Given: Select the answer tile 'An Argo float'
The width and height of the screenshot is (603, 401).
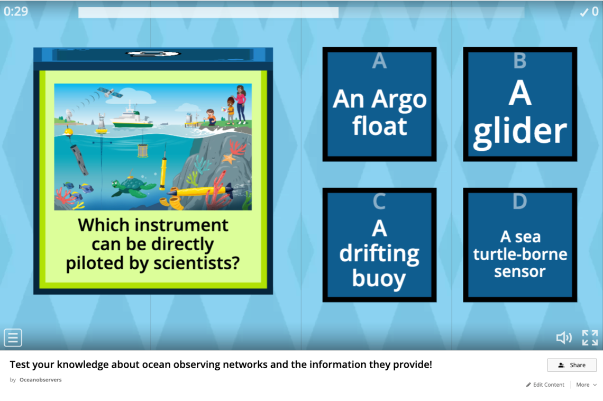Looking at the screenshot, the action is point(379,104).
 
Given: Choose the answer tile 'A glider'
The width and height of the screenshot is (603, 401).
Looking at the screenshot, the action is point(520,104).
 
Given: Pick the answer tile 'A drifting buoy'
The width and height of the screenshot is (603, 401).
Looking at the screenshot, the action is point(379,245).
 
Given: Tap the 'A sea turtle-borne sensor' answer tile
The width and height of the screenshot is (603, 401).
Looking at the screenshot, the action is point(520,245).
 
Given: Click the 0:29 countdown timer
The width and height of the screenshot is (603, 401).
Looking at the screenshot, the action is point(16,11).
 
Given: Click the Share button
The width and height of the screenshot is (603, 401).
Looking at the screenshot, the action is point(572,365).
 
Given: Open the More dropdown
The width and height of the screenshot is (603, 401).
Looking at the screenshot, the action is point(586,385).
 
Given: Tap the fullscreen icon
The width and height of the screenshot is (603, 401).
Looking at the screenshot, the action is point(590,338).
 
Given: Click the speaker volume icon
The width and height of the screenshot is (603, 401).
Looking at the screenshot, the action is point(564,338).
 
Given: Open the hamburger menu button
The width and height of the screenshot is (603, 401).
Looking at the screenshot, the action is point(13,338).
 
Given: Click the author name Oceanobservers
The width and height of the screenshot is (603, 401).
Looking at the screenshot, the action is point(40,379).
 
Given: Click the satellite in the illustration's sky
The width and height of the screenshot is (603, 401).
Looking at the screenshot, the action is point(109,92).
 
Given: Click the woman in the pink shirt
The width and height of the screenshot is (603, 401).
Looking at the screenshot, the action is point(240,104).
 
